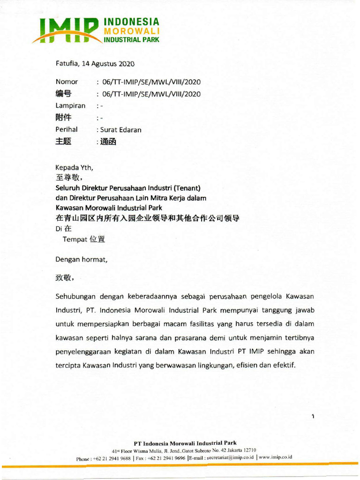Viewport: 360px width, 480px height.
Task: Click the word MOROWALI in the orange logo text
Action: pos(131,31)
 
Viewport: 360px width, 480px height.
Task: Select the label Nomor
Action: pos(67,82)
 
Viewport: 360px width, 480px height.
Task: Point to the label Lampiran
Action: pos(70,105)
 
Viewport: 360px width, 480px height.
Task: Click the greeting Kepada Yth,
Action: pos(75,167)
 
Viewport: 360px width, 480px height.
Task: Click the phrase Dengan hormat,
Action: pos(82,259)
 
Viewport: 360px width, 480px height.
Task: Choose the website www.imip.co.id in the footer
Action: pos(276,457)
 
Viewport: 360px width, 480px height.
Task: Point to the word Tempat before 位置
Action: pos(75,239)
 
